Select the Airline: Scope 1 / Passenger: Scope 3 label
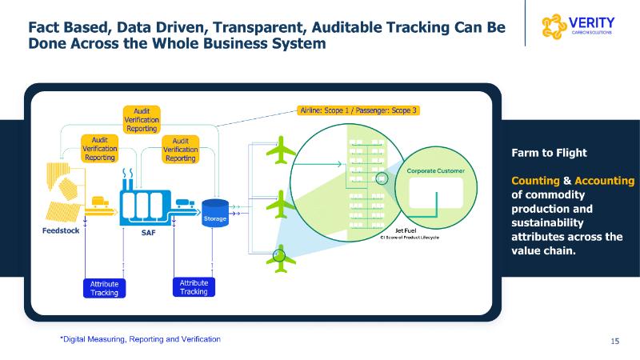[358, 110]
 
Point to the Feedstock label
[60, 231]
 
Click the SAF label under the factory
[137, 233]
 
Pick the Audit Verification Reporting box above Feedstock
[100, 148]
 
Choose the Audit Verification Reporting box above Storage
[181, 150]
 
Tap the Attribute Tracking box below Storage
[194, 287]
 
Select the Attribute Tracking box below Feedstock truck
[104, 288]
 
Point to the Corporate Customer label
[436, 171]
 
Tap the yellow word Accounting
[605, 180]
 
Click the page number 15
[614, 342]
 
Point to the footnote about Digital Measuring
[141, 339]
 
